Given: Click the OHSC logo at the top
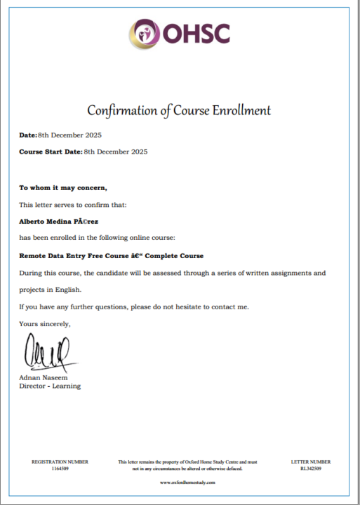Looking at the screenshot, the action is pyautogui.click(x=179, y=32).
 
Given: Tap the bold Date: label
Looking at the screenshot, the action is pyautogui.click(x=28, y=135).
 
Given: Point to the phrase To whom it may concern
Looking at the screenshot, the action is pyautogui.click(x=63, y=188).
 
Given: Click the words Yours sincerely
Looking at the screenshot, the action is pyautogui.click(x=45, y=323).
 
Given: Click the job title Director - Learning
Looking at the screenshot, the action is pyautogui.click(x=50, y=386).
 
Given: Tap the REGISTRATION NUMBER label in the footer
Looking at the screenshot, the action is pyautogui.click(x=60, y=462).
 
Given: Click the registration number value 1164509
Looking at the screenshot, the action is pyautogui.click(x=60, y=468).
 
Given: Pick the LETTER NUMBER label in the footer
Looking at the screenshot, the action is pyautogui.click(x=311, y=462).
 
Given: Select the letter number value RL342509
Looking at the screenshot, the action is pyautogui.click(x=311, y=468).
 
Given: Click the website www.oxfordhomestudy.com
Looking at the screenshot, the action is pyautogui.click(x=187, y=483).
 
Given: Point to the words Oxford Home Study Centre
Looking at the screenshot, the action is pyautogui.click(x=213, y=462).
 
